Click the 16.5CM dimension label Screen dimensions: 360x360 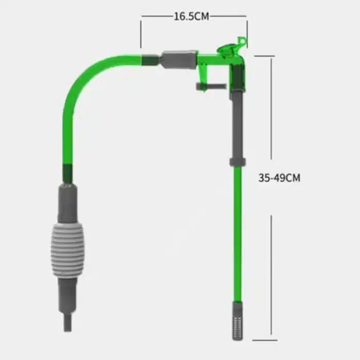pos(191,16)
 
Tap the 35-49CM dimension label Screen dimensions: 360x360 pos(279,178)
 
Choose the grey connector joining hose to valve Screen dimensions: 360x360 pos(178,60)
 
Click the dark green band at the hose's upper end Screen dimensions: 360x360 pos(150,61)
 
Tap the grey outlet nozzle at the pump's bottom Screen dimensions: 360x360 pos(68,322)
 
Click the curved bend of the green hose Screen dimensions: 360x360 pos(82,87)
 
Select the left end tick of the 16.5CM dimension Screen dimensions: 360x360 pos(141,31)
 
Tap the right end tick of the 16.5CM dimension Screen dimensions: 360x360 pos(246,28)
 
